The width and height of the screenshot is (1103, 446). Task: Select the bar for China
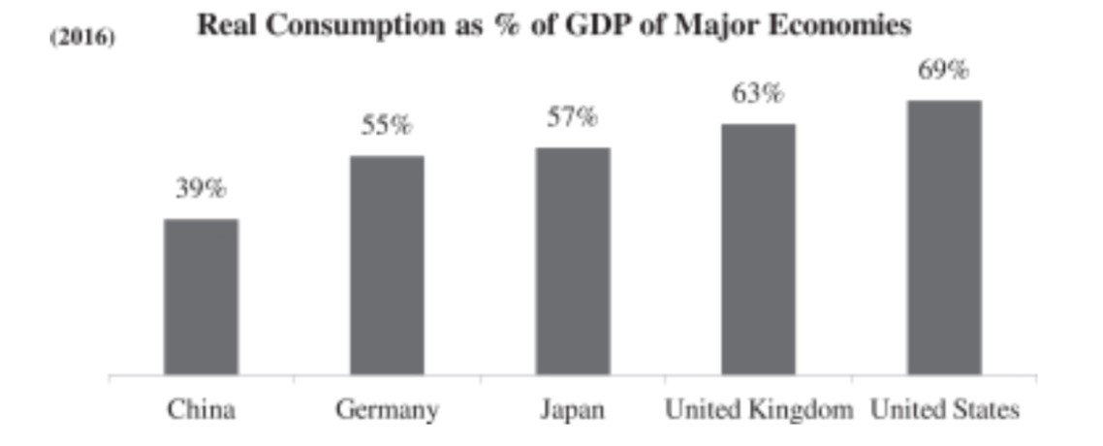(x=201, y=297)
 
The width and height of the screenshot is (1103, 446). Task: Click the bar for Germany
(x=387, y=265)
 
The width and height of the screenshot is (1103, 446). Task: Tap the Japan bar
(x=573, y=261)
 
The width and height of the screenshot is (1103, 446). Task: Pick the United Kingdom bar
(x=758, y=249)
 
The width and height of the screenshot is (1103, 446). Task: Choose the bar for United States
(x=944, y=238)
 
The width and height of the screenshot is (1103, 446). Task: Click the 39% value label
(x=201, y=189)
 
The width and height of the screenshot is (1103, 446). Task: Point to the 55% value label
(x=387, y=125)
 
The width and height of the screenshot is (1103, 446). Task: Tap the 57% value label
(x=573, y=117)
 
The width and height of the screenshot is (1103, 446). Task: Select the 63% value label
(x=758, y=94)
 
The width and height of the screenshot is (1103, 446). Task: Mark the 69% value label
(x=944, y=70)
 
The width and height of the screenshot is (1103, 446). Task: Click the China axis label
(x=201, y=410)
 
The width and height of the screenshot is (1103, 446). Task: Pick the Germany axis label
(x=387, y=410)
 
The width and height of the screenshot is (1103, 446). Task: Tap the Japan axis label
(x=573, y=410)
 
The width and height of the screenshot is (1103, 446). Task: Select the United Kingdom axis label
(x=759, y=410)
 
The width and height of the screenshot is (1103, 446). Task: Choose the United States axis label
(x=945, y=410)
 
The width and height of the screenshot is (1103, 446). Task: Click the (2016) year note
(x=82, y=39)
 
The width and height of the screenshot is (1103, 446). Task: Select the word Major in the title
(x=709, y=26)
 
